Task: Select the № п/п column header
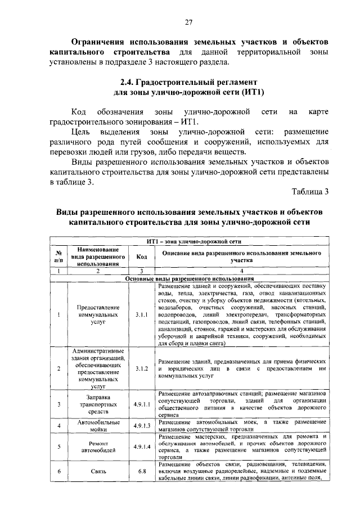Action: tap(58, 256)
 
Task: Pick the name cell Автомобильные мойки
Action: tap(98, 426)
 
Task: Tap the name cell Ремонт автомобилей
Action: tap(98, 447)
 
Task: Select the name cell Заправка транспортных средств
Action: tap(98, 404)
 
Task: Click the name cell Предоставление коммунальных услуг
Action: tap(98, 315)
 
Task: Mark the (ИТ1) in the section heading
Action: tap(251, 92)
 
